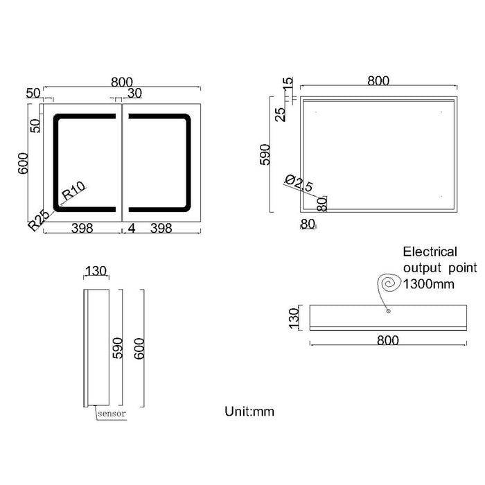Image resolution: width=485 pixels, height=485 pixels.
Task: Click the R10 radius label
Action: pyautogui.click(x=73, y=191)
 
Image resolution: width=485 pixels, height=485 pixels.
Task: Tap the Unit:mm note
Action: pyautogui.click(x=249, y=412)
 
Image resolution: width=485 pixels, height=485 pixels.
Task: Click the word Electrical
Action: pyautogui.click(x=430, y=252)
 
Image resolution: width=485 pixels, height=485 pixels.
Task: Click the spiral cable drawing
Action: pyautogui.click(x=387, y=285)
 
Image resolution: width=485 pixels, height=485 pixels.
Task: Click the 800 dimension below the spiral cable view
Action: pyautogui.click(x=388, y=339)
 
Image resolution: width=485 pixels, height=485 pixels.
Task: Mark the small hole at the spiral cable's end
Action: pyautogui.click(x=388, y=310)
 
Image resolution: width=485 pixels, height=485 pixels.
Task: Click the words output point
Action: pyautogui.click(x=440, y=267)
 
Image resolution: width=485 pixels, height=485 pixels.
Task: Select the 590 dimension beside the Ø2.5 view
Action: pyautogui.click(x=263, y=157)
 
